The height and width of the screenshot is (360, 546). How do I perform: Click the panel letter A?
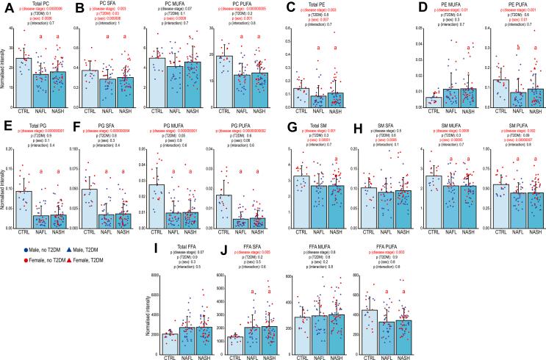tap(6, 7)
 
